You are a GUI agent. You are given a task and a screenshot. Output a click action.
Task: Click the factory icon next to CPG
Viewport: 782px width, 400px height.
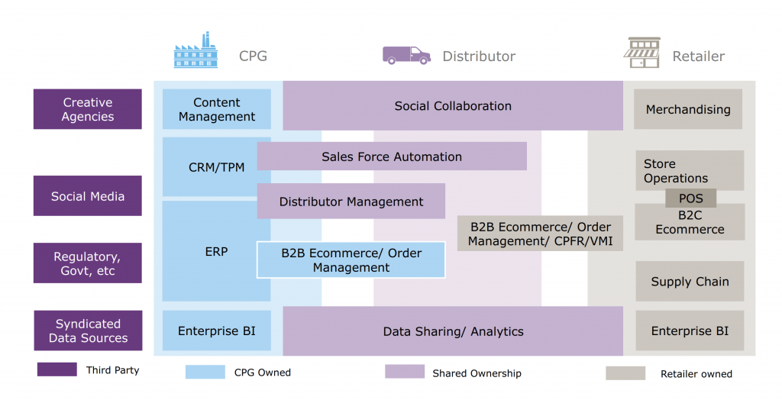coord(195,52)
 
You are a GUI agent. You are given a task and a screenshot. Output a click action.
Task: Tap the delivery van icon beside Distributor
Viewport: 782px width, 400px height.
coord(406,55)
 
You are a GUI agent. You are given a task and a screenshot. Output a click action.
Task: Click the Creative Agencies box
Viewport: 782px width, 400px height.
coord(88,109)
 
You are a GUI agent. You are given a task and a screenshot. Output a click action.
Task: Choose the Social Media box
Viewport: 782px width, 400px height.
coord(88,196)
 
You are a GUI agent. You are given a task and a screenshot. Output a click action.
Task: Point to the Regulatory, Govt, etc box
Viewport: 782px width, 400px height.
coord(88,263)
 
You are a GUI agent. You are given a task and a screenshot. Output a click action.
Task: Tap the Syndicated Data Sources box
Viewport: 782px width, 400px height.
coord(88,331)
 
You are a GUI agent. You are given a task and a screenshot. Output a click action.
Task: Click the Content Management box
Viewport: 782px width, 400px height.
coord(217,109)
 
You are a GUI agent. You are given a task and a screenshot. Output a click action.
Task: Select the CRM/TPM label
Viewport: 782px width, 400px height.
coord(216,166)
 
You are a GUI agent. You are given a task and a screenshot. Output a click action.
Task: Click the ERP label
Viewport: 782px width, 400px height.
coord(216,251)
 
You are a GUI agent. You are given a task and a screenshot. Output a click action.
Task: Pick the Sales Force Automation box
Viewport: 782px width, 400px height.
coord(392,156)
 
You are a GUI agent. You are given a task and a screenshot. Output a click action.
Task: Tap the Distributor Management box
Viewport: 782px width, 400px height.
coord(351,202)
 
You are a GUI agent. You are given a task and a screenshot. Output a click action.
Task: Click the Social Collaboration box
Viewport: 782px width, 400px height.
coord(453,106)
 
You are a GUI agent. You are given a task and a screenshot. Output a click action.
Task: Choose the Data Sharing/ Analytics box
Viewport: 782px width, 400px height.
coord(453,331)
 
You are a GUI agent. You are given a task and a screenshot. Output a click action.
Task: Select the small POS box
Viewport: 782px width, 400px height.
coord(690,198)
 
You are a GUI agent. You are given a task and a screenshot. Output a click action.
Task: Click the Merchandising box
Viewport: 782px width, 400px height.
coord(688,109)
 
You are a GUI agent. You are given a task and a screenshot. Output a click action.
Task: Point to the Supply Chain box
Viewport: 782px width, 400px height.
coord(690,282)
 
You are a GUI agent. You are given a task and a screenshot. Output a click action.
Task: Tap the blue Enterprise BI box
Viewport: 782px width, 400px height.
coord(217,331)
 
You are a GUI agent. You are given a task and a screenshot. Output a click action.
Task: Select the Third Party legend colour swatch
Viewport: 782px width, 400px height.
coord(57,369)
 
